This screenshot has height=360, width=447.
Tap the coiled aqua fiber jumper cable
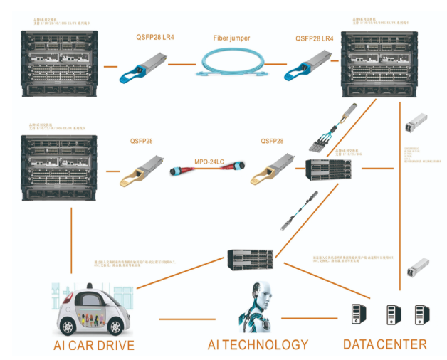point(231,66)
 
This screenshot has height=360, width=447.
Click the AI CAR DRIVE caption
point(94,346)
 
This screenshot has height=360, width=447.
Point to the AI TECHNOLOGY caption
point(258,345)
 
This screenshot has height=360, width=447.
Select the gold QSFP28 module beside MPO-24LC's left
point(143,171)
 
